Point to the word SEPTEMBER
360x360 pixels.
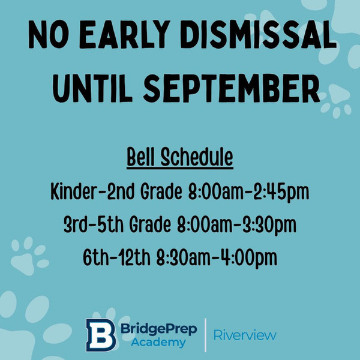pos(232,88)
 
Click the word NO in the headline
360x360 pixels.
pos(49,34)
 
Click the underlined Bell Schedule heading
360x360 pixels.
pos(180,158)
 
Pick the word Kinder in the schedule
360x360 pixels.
pos(73,191)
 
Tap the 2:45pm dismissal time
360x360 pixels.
pos(281,193)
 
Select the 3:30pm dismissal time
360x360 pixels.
pos(269,225)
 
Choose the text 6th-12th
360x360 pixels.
pos(116,257)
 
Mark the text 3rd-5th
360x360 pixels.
pos(94,224)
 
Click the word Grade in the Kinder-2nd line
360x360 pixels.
pos(161,191)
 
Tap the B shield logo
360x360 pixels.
pos(101,335)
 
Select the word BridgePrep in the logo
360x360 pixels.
pos(159,329)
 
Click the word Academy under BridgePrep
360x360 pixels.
pos(158,343)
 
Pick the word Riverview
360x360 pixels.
pos(245,335)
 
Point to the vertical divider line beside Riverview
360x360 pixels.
pos(205,335)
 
